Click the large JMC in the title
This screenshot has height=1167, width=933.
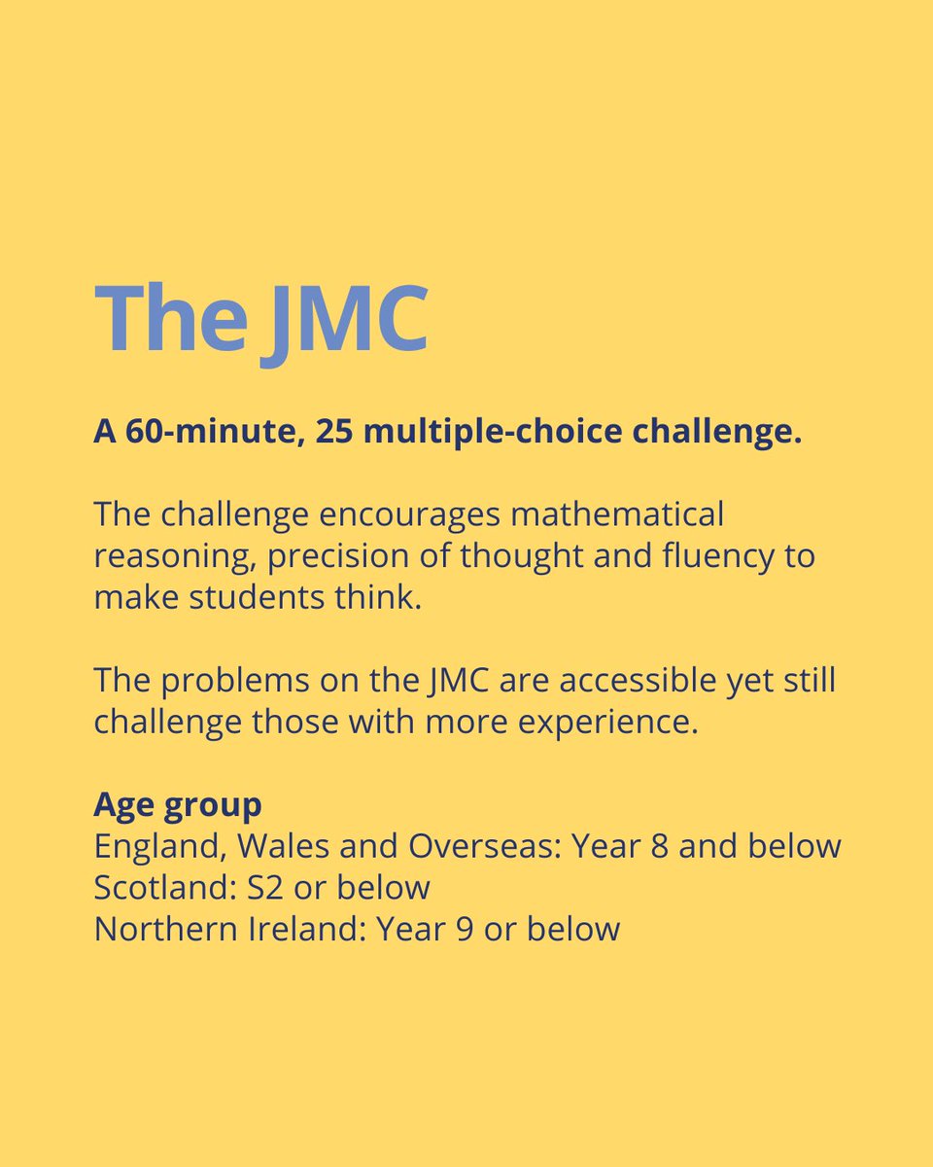tap(345, 320)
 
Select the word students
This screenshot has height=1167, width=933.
tap(267, 597)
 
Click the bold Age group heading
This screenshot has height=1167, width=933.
tap(178, 805)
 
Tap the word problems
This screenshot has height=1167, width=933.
tap(237, 680)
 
